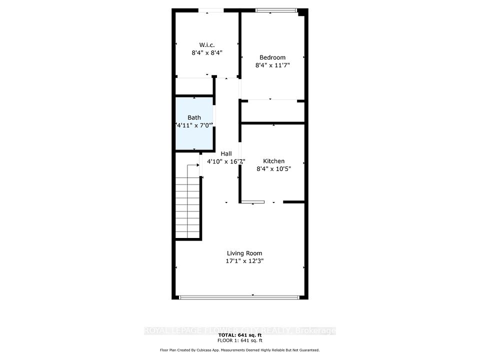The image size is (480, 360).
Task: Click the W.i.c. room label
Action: (x=207, y=45)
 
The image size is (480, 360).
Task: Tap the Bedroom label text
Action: (x=272, y=57)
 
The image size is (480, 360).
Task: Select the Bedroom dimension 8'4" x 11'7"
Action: (x=272, y=65)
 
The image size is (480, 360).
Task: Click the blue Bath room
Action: (x=194, y=123)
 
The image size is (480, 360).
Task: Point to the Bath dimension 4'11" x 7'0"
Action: (x=194, y=125)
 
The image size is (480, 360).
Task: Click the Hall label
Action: (x=226, y=153)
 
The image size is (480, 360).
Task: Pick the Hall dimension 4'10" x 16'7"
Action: (x=226, y=161)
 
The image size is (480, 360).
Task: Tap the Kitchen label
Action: (x=273, y=161)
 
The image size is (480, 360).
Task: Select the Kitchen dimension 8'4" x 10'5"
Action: (x=273, y=168)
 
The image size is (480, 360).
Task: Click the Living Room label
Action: (x=244, y=253)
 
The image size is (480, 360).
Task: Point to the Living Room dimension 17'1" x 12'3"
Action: (x=244, y=261)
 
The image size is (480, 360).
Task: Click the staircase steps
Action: (x=187, y=207)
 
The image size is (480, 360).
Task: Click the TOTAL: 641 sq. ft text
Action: (x=239, y=335)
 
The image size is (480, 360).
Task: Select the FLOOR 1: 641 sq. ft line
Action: (x=239, y=340)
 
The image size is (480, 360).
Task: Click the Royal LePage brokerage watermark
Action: (x=239, y=330)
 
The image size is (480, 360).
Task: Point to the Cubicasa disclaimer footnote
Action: (x=239, y=350)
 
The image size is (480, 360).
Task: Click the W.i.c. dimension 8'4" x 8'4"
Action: (x=207, y=52)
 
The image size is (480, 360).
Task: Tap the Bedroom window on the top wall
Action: (x=276, y=10)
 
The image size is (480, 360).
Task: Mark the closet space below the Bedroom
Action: (x=273, y=111)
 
